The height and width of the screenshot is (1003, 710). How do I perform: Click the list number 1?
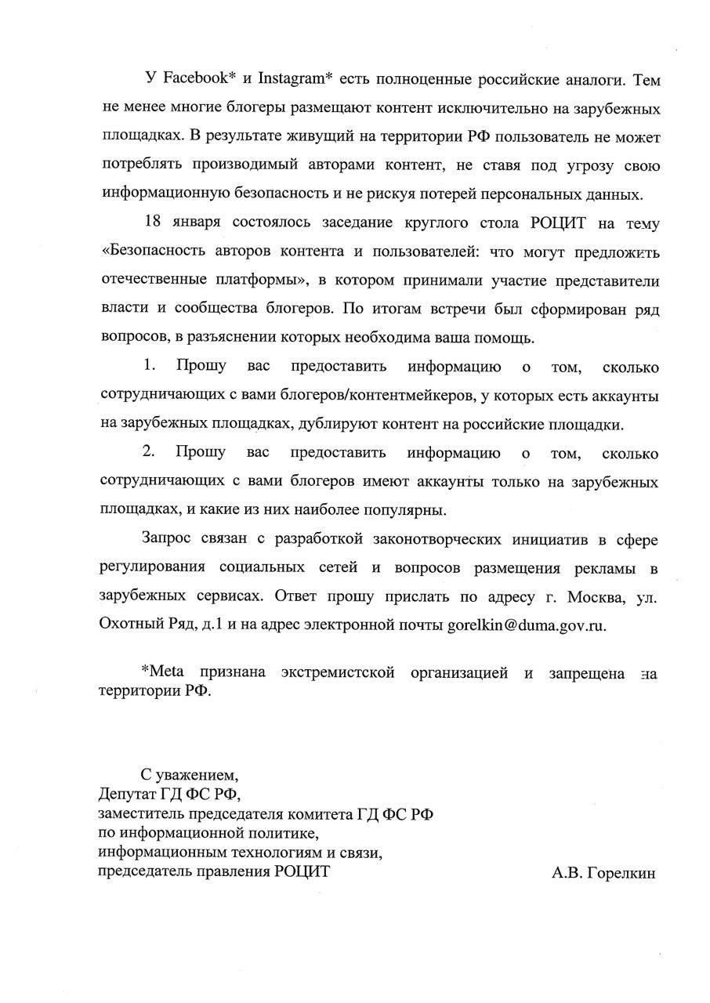click(x=150, y=367)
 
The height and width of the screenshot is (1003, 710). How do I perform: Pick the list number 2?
click(x=150, y=453)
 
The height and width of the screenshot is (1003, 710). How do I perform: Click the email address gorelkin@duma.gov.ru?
click(x=527, y=625)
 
